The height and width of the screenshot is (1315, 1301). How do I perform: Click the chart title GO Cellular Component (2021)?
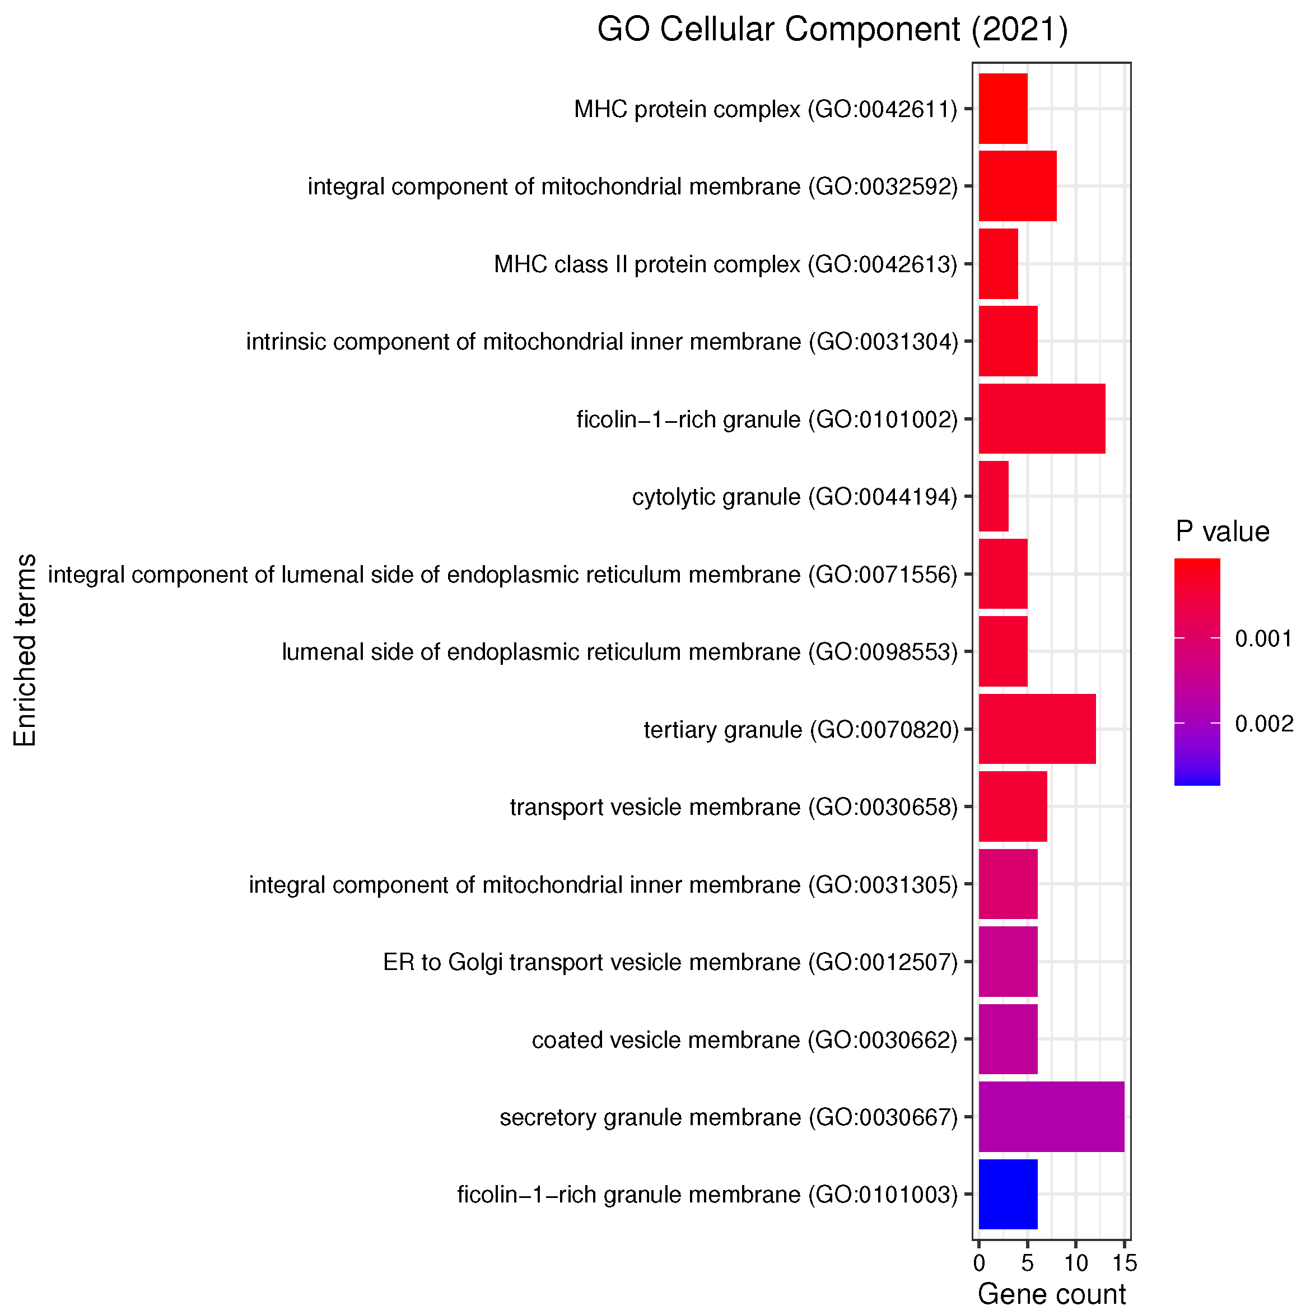pos(832,31)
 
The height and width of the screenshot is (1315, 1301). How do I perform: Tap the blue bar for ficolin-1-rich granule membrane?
pos(1008,1195)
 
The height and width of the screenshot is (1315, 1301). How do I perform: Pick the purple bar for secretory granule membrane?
pos(1051,1117)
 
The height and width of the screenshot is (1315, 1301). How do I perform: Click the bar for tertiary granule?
pos(1037,729)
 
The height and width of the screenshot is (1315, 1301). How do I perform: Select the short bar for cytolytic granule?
pos(994,496)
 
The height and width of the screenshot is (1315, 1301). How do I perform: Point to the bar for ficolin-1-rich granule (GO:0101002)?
pos(1042,418)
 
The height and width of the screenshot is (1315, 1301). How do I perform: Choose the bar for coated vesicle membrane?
pos(1008,1039)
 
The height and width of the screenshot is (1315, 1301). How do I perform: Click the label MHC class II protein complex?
pos(725,264)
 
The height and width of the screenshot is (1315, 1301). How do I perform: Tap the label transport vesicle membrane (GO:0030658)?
pos(733,807)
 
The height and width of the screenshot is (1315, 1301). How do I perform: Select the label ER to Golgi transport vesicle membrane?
pos(670,962)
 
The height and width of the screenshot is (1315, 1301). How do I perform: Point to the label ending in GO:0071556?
pos(502,575)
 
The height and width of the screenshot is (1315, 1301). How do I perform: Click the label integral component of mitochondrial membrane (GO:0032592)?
pos(632,186)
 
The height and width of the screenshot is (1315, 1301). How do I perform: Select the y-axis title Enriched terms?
pos(25,650)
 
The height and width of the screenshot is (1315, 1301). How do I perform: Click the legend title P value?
pos(1222,531)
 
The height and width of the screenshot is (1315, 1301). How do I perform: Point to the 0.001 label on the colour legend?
pos(1263,638)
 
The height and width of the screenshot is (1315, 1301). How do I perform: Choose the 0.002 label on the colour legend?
pos(1263,724)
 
